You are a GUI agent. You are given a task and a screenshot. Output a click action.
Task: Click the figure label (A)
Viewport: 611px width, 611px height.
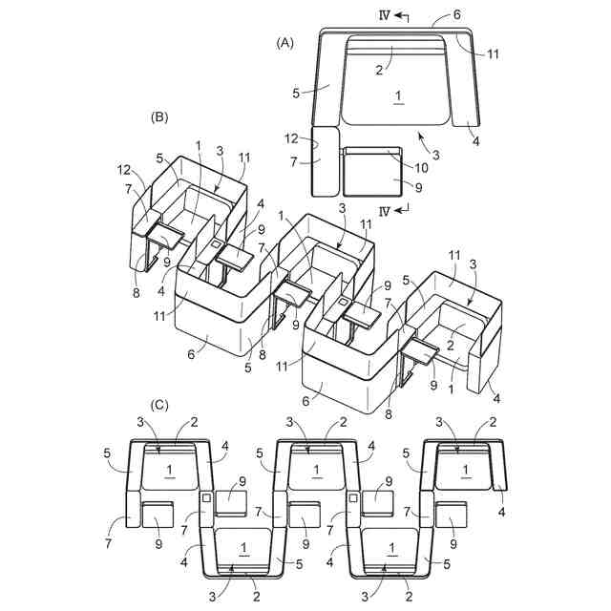point(284,42)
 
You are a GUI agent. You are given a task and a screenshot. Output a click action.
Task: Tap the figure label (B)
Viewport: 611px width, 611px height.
point(160,117)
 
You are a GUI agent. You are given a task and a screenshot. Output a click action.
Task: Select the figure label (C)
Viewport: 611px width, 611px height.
point(160,405)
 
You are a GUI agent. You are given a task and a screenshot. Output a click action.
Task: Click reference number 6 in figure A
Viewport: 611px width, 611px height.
point(456,16)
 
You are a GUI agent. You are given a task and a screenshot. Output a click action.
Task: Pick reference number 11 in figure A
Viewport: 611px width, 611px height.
point(493,54)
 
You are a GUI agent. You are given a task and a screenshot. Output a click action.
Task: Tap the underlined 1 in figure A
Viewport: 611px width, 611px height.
point(396,96)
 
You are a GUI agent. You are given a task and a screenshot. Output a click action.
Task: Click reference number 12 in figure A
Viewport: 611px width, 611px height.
point(297,138)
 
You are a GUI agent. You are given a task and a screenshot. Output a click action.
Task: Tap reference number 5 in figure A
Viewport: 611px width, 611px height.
point(297,94)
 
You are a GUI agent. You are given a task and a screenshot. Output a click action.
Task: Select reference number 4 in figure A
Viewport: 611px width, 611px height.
point(474,143)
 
